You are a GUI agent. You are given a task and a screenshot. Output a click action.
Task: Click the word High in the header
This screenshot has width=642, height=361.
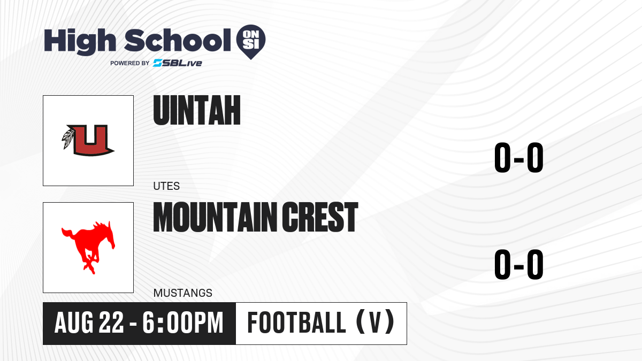[x=80, y=41]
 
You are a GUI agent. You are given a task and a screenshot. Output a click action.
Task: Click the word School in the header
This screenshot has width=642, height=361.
[x=178, y=40]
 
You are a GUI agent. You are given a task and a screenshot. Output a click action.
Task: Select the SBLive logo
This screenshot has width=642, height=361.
[x=178, y=63]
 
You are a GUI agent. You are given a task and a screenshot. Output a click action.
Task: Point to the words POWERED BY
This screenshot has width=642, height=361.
[x=130, y=63]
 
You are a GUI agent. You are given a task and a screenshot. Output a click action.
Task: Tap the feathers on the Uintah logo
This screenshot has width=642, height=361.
[x=68, y=139]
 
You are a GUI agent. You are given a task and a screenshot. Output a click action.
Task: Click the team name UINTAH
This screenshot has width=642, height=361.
[x=197, y=110]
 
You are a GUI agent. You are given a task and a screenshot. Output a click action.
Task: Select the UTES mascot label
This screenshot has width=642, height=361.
[x=166, y=186]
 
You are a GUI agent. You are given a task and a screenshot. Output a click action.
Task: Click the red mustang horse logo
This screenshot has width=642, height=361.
[x=88, y=247]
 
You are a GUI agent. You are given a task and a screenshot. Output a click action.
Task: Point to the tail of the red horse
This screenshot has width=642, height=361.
[x=68, y=234]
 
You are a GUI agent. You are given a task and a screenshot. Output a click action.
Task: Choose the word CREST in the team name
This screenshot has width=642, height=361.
[x=320, y=217]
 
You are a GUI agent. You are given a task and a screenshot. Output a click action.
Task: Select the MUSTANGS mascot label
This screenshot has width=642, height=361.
[x=183, y=293]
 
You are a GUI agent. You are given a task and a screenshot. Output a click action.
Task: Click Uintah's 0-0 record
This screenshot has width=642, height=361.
[x=519, y=158]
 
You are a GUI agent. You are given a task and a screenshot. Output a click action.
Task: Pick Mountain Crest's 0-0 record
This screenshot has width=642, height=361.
[x=519, y=264]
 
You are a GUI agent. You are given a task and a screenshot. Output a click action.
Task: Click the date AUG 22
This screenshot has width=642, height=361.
[x=89, y=323]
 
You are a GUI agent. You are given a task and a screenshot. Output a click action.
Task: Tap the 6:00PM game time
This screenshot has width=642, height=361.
[x=183, y=323]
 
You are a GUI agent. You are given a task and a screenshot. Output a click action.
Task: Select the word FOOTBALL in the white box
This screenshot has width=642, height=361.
[x=296, y=323]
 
